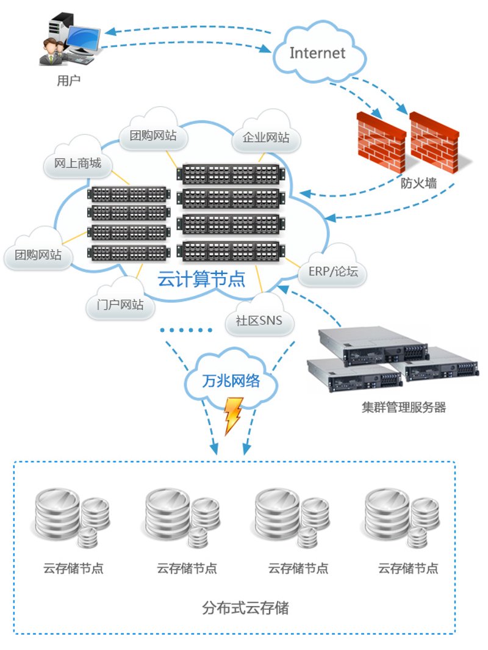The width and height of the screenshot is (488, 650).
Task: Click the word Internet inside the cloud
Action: point(317,53)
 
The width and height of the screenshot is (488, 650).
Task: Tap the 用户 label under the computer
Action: point(69,81)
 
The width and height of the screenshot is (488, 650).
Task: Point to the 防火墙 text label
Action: point(418,183)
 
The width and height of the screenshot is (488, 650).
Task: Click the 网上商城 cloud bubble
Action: point(78,159)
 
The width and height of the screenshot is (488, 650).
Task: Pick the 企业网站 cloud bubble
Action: point(266,132)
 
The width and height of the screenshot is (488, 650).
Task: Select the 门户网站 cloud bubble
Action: point(120,300)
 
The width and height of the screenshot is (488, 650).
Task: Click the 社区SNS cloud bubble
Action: point(259,316)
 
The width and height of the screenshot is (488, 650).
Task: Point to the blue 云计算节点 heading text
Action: point(201,279)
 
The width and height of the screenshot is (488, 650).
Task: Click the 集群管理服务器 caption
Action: point(403,407)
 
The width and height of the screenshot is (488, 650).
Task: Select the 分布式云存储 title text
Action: point(245,608)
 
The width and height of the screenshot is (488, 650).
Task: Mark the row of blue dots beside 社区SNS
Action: point(187,330)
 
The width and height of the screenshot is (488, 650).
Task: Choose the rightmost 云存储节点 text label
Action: point(408,568)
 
